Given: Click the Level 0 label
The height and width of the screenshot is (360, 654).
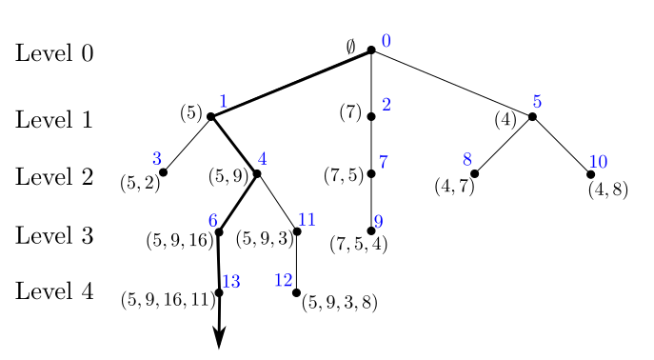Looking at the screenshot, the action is [54, 53].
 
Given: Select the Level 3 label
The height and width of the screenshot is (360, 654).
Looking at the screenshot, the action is [54, 235].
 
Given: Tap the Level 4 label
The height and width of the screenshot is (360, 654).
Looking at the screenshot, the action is [54, 291].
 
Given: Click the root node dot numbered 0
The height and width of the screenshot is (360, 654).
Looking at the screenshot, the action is [371, 50].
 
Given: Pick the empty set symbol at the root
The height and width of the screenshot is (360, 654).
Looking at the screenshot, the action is [350, 46].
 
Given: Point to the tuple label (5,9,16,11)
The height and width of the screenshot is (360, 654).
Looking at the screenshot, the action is [168, 300].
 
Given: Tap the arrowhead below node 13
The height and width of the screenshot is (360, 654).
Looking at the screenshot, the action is [219, 338].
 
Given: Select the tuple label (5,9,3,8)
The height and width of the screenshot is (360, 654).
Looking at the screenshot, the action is [340, 303].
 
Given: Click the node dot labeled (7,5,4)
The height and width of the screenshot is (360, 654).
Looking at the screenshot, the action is [371, 230].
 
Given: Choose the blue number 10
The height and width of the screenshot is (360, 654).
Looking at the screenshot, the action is [598, 161].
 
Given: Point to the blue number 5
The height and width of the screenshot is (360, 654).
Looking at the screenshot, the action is [537, 102].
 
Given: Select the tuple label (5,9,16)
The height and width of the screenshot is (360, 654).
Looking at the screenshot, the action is [179, 241].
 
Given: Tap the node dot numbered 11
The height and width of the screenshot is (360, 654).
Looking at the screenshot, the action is [297, 231].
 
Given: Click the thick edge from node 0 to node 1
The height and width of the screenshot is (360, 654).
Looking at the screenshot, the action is [290, 84].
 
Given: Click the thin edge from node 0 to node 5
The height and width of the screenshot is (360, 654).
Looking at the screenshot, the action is [452, 84].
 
